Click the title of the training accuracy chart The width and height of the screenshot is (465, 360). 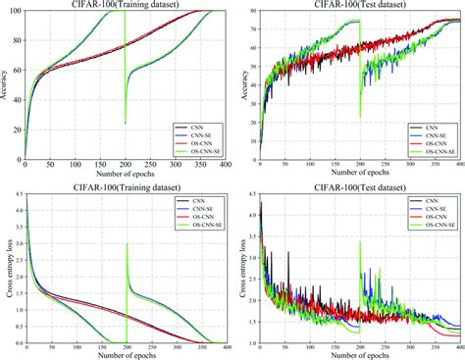[126, 5]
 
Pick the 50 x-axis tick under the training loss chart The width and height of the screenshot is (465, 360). [51, 348]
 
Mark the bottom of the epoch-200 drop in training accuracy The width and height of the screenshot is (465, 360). [125, 124]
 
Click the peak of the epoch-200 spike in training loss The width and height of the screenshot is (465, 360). [125, 244]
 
